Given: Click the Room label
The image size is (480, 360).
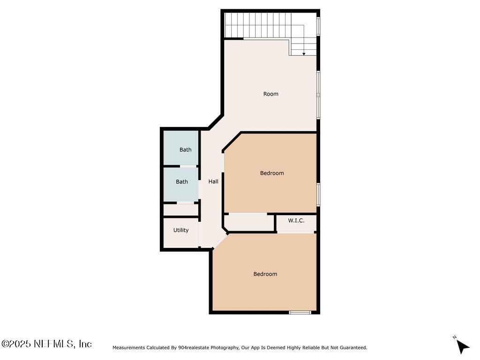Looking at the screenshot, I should coord(270,94).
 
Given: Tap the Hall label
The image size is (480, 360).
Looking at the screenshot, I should coord(213,181).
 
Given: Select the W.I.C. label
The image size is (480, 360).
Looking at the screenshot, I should coord(296,220).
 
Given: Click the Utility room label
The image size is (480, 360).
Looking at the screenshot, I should coord(181,230).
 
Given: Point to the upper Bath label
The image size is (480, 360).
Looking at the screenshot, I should coord(185,150).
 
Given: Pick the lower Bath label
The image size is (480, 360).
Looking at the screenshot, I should coord(182,182).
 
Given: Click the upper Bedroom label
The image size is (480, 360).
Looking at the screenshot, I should coord(272,173).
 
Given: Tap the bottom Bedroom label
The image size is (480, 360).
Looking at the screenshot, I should coord(265,274).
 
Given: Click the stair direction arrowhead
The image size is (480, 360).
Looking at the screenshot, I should coord(304,54).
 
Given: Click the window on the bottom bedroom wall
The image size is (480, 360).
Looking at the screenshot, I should coord(300,312).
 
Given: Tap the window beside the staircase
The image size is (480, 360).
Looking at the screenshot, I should coord(318,26).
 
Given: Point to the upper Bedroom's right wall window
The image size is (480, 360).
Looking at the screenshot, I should coord(318,194).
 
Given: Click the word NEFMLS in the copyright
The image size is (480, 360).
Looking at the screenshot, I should coord(54,344).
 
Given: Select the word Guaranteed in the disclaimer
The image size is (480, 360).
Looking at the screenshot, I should coord(352,348).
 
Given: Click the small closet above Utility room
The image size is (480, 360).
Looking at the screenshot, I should coord(181,210).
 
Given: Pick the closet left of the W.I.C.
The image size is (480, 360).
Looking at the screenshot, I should coord(248,223).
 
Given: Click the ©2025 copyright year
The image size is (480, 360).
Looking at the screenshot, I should coord(16,344).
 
